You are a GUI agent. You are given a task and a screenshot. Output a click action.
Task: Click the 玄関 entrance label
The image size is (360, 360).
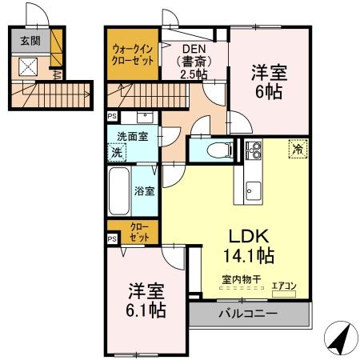pyautogui.click(x=29, y=40)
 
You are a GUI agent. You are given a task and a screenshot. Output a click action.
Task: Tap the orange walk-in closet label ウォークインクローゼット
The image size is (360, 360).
pyautogui.click(x=132, y=55)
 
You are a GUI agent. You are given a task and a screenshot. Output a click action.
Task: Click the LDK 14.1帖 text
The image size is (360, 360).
pyautogui.click(x=248, y=246)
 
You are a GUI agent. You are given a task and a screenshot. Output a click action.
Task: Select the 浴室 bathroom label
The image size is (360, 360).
pyautogui.click(x=145, y=191)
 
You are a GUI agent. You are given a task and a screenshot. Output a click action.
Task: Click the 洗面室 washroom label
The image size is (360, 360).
pyautogui.click(x=132, y=137)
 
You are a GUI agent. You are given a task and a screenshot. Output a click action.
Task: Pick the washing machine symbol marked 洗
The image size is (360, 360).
pyautogui.click(x=118, y=151)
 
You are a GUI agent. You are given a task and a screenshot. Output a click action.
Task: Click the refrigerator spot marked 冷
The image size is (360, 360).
pyautogui.click(x=297, y=148)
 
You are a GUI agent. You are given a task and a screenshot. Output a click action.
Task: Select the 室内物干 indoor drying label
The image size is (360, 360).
pyautogui.click(x=241, y=281)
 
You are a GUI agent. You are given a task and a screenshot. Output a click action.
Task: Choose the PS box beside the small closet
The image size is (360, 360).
pyautogui.click(x=112, y=238)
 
